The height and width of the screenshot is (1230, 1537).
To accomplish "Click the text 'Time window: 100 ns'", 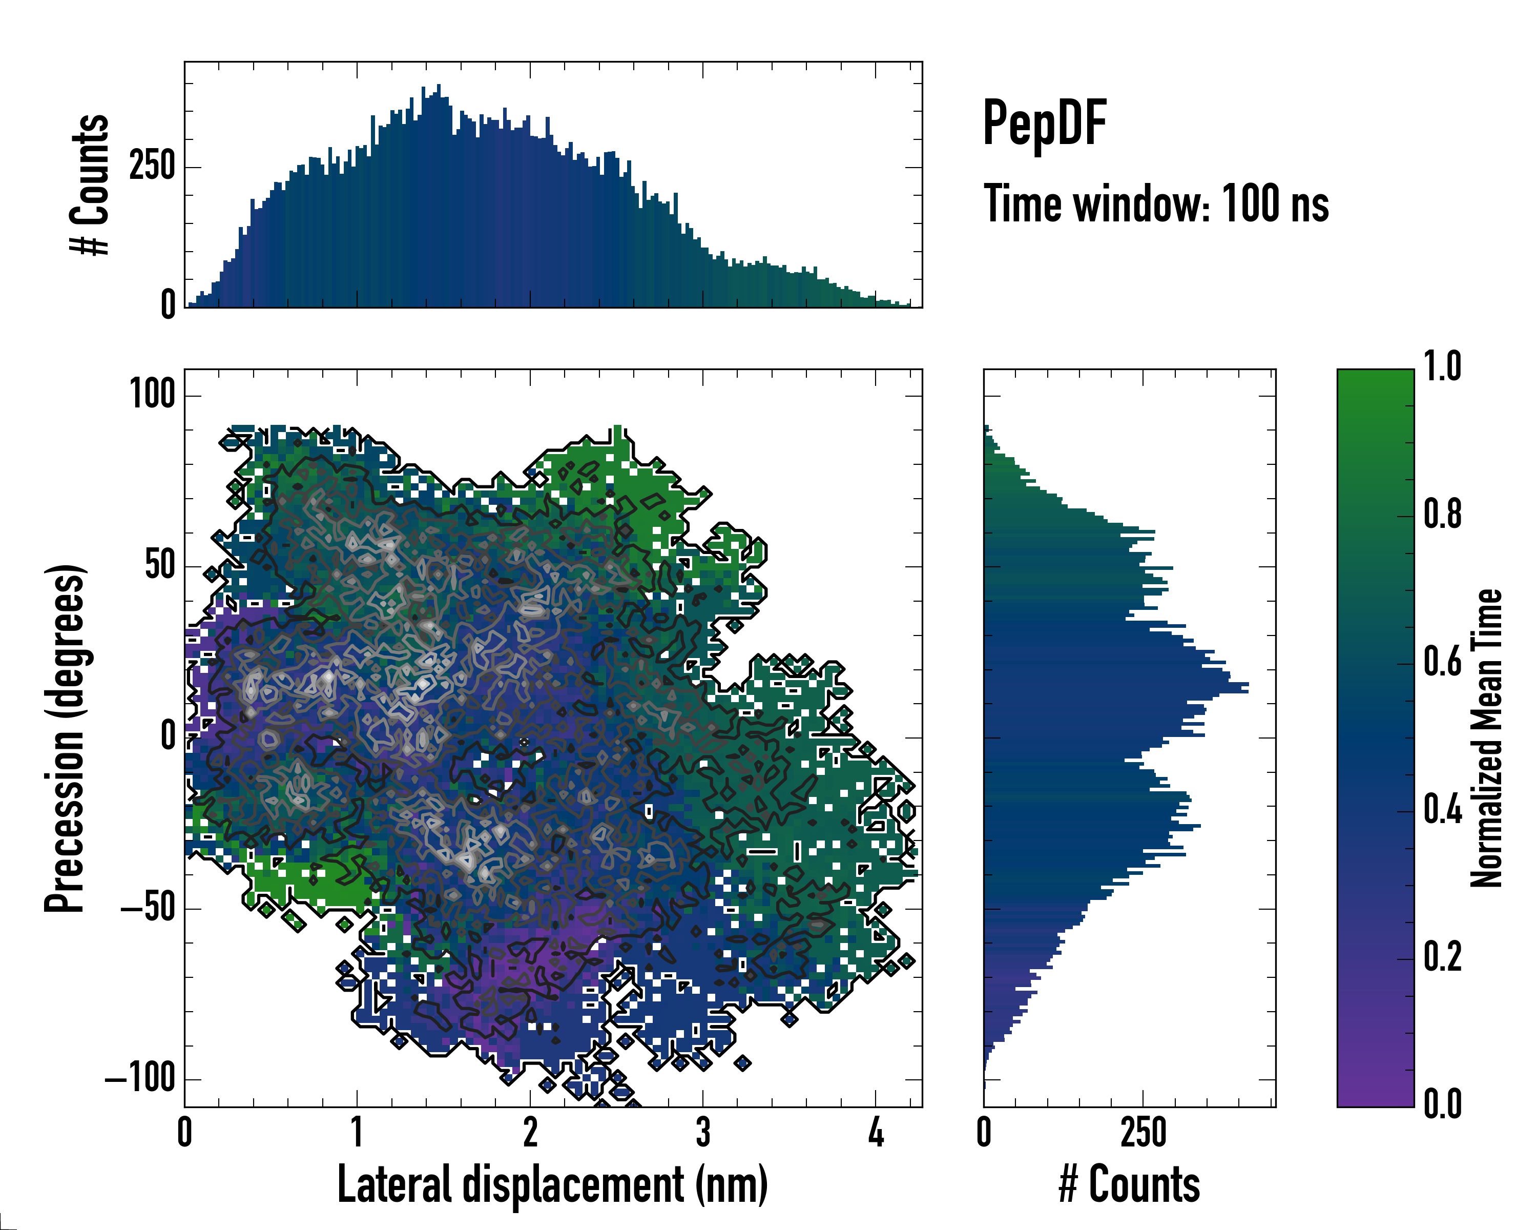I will (1156, 204).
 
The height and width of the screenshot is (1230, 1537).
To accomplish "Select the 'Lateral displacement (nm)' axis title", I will (552, 1184).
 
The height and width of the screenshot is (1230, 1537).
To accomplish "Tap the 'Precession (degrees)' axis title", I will (66, 738).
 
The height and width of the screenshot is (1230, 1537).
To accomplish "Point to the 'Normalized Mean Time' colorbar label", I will (1487, 738).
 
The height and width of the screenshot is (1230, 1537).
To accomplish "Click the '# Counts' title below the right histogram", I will (1129, 1184).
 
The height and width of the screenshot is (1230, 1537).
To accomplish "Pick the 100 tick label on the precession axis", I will (152, 394).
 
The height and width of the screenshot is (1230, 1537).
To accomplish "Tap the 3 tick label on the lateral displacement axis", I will (703, 1132).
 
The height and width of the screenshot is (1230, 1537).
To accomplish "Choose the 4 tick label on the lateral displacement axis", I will (876, 1132).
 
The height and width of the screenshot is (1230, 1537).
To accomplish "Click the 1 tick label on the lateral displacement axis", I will (357, 1132).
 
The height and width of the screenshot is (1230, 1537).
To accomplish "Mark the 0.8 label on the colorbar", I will (1442, 515).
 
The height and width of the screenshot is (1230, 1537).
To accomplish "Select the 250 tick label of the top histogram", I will (152, 167).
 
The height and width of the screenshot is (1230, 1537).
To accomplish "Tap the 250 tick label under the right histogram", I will (1143, 1132).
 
